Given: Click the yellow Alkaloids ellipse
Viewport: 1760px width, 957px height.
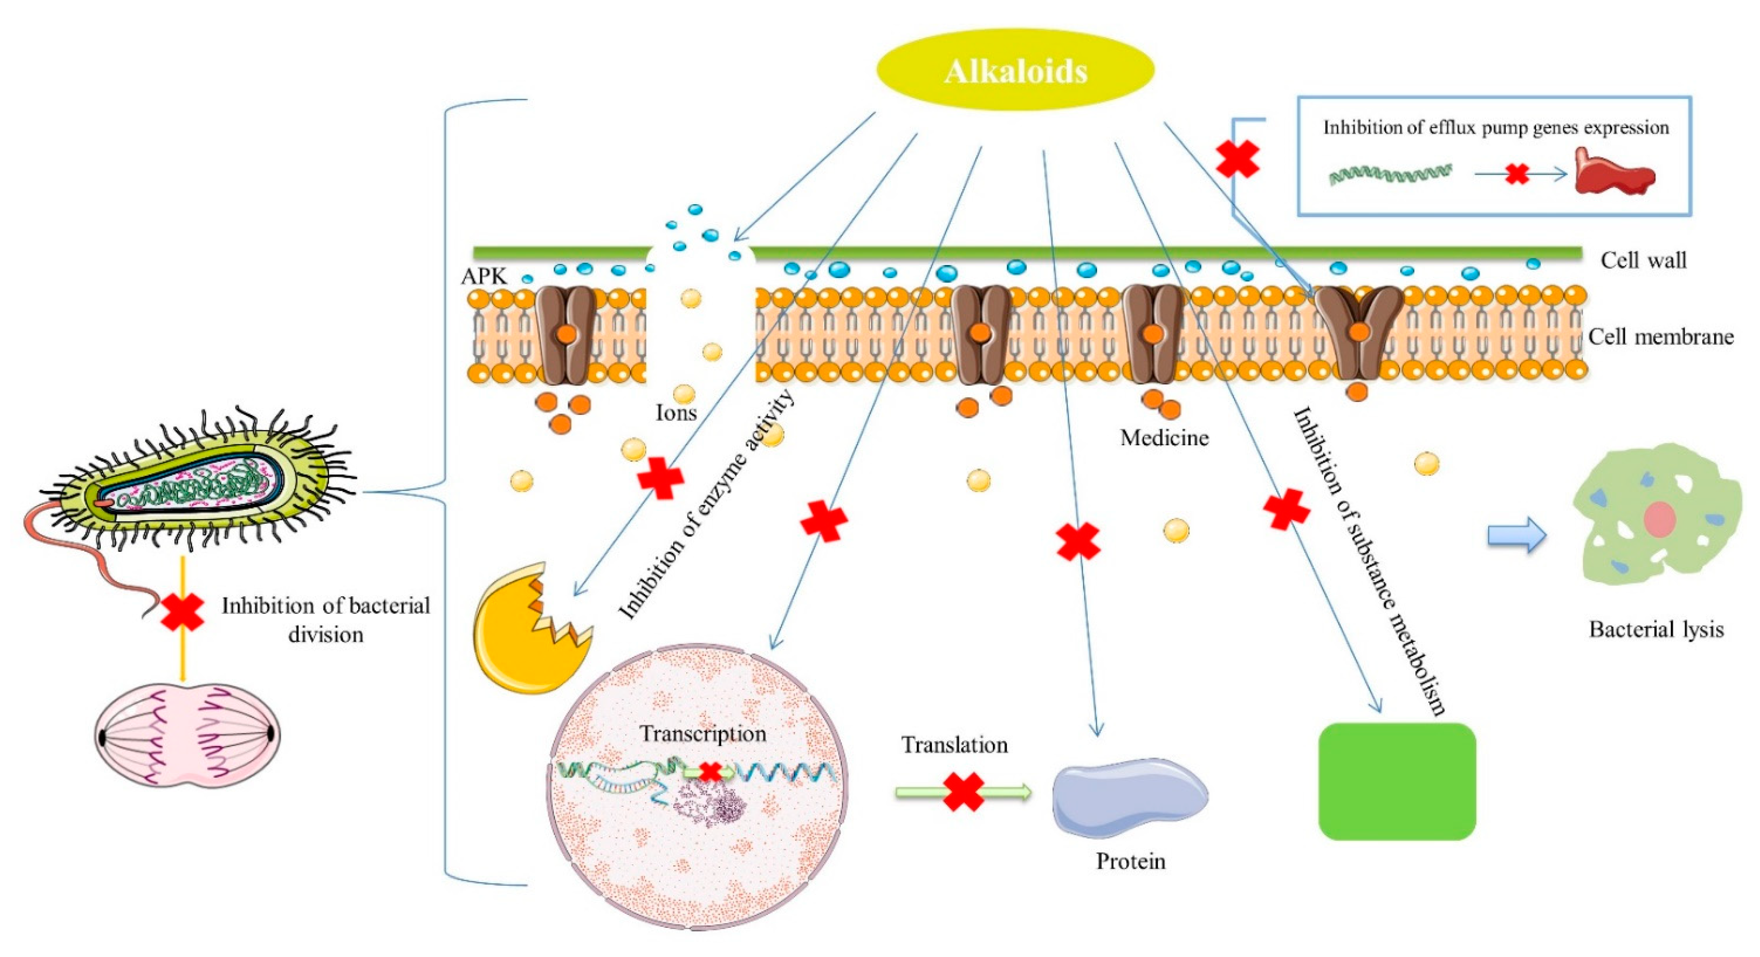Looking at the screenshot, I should (x=1015, y=69).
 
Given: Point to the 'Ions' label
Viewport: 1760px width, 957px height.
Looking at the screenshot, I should (x=676, y=413).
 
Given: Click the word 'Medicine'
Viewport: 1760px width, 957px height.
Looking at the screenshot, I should (x=1164, y=437).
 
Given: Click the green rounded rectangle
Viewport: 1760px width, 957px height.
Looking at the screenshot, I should (x=1397, y=781).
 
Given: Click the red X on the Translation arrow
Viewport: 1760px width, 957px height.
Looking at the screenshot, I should (x=963, y=792).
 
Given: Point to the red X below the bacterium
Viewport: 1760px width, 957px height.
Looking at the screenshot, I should (x=182, y=611).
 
